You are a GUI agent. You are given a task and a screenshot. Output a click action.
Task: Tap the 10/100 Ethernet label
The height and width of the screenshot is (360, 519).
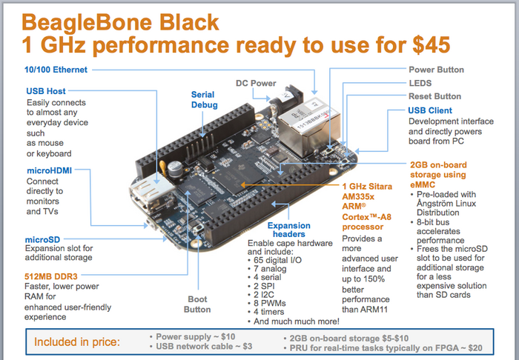(x=56, y=70)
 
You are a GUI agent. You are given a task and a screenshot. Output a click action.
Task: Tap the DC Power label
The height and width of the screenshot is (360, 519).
(x=255, y=84)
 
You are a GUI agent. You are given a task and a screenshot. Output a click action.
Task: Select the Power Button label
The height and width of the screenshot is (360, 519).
(x=436, y=70)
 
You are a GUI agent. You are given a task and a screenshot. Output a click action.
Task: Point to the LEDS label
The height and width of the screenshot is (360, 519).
(x=420, y=83)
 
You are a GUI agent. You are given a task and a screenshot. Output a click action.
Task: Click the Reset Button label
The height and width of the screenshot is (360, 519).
(x=434, y=96)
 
